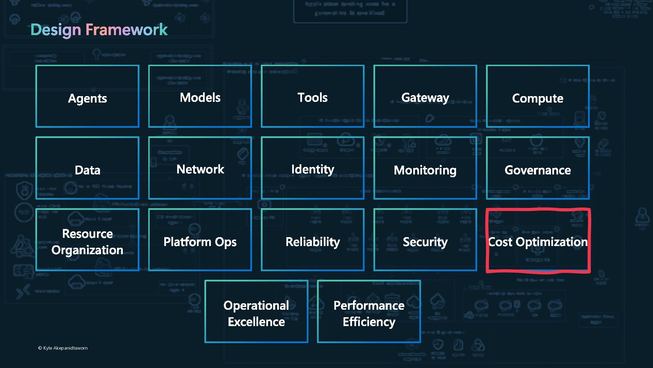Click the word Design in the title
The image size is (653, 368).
(x=56, y=30)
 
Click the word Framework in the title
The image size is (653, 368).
(x=127, y=30)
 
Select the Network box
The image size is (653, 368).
(x=200, y=169)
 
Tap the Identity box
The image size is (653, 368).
(x=313, y=169)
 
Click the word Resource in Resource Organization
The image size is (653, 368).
(x=87, y=234)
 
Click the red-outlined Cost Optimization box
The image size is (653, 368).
(x=538, y=241)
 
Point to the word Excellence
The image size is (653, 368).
(x=256, y=322)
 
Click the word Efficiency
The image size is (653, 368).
(x=369, y=322)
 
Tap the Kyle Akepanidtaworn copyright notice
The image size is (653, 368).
(x=63, y=348)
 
